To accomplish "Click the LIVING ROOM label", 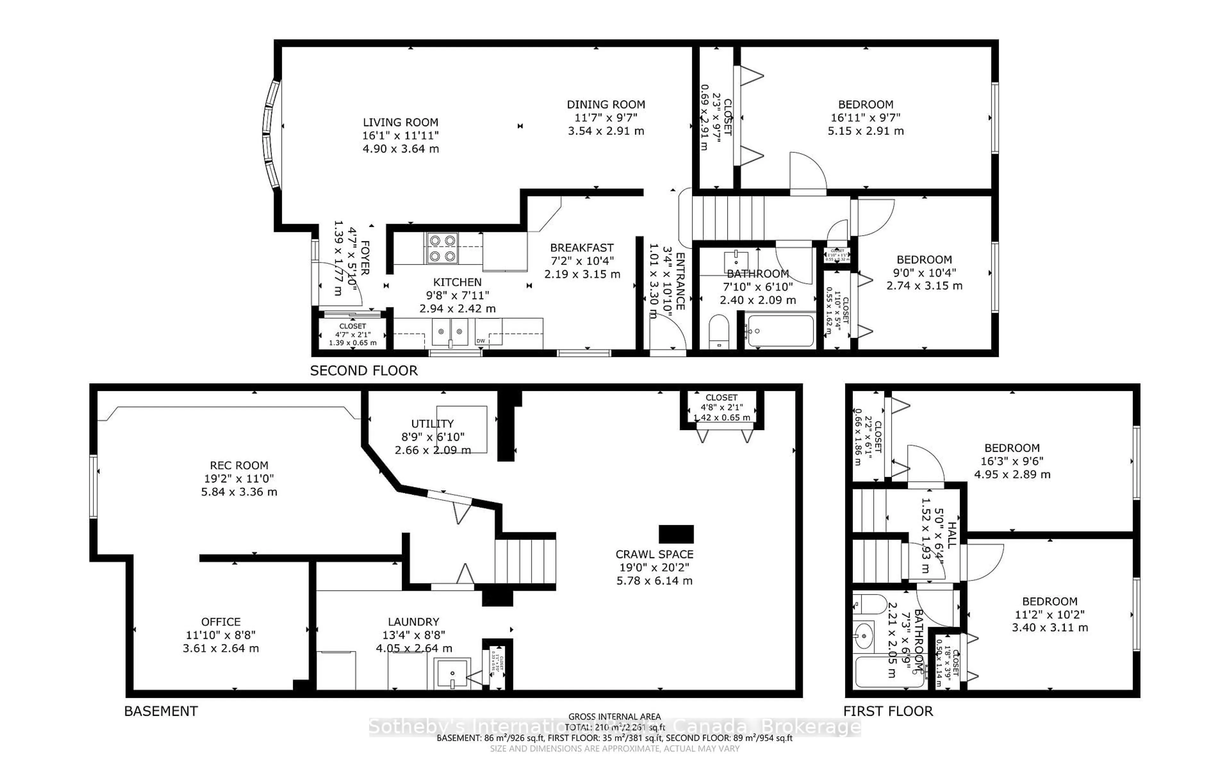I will click(x=400, y=123).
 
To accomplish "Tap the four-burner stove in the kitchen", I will click(x=442, y=248).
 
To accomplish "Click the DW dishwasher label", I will click(x=480, y=341).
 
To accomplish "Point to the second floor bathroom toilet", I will click(x=719, y=332).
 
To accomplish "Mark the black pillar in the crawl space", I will click(x=676, y=534).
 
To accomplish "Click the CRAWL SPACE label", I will click(x=654, y=554).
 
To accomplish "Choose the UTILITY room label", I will click(x=432, y=424).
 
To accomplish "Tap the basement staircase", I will click(x=525, y=561).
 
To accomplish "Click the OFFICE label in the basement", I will click(x=221, y=622).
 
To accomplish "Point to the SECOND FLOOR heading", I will click(x=364, y=371).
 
